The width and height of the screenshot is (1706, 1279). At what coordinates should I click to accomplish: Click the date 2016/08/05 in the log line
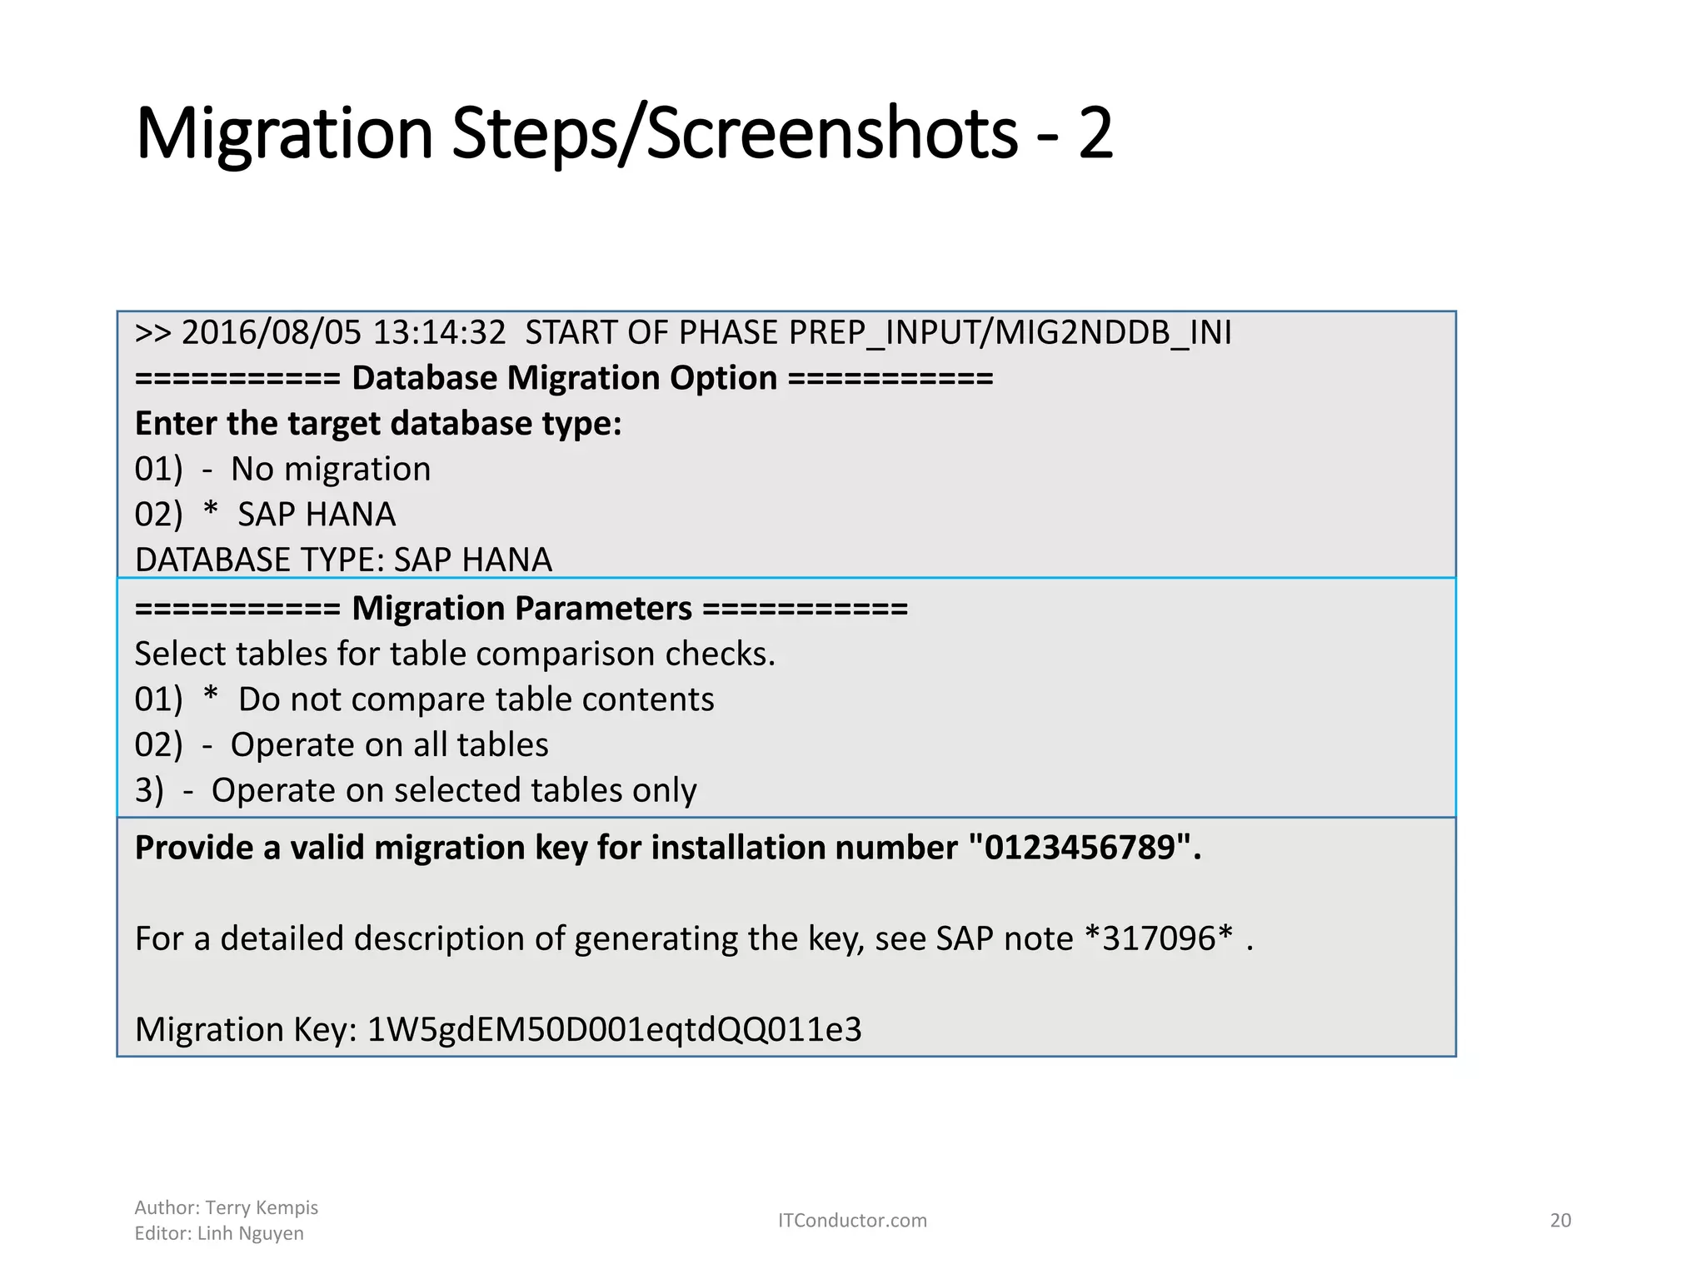tap(272, 333)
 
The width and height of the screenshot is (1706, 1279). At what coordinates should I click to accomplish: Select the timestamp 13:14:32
tap(439, 333)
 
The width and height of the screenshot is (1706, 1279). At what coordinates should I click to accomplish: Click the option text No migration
tap(331, 470)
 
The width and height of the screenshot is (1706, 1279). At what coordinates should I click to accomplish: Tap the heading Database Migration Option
tap(564, 378)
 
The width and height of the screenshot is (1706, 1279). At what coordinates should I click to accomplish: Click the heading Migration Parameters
tap(521, 609)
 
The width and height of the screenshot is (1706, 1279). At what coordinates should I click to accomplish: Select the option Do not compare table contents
tap(476, 699)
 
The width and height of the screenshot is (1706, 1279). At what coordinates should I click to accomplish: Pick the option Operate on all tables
tap(389, 745)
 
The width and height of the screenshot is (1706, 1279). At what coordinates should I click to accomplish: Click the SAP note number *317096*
tap(1159, 939)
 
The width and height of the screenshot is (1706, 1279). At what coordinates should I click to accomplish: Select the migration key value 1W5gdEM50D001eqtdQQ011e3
tap(614, 1030)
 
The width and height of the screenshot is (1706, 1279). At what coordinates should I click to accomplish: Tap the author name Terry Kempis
tap(262, 1207)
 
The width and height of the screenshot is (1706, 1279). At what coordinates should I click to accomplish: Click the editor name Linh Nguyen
tap(250, 1233)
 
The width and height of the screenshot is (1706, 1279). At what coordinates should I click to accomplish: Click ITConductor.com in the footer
tap(852, 1221)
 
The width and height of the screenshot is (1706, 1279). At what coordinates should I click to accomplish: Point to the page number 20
tap(1560, 1221)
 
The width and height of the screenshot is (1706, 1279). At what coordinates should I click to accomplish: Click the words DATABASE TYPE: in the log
tap(259, 560)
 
